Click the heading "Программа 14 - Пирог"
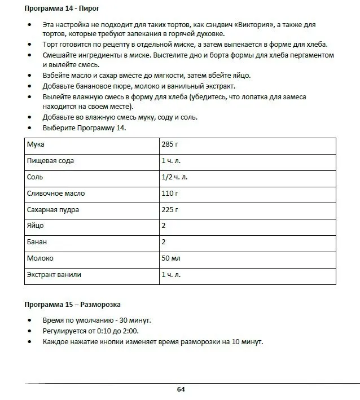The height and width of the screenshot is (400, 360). coord(63,10)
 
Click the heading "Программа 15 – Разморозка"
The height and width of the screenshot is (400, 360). coord(72,305)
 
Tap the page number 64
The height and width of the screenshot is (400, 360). coord(181,389)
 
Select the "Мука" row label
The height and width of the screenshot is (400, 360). coord(36,144)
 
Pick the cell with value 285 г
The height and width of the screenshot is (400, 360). coord(170,144)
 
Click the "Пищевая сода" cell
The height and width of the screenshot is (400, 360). coord(50,161)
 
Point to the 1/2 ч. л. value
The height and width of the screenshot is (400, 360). coord(174,177)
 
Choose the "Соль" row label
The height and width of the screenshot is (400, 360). coord(35,177)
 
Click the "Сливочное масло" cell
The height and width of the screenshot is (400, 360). coord(56,194)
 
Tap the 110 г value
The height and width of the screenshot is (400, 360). coord(170,194)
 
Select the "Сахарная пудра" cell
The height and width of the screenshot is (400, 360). coord(53,210)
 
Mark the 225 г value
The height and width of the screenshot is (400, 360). coord(170,210)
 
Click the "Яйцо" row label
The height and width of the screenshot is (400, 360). coord(35,226)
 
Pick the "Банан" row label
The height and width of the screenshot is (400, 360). coord(37,242)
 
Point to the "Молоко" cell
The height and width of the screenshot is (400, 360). coord(40,258)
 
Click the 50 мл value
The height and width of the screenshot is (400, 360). coord(171,258)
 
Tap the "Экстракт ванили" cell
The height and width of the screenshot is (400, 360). coord(54,275)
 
